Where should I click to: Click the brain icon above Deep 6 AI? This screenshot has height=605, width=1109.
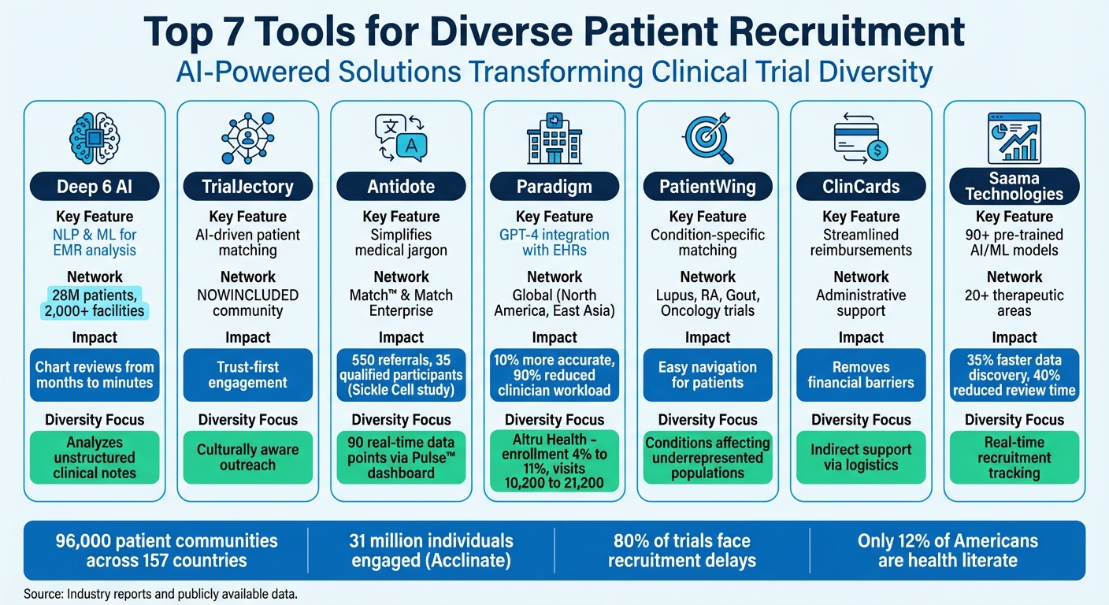pos(95,136)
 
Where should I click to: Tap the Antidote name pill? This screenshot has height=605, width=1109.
pos(401,187)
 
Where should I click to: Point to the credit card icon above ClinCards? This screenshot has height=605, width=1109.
pos(860,137)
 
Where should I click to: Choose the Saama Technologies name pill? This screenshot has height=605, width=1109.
pos(1014,186)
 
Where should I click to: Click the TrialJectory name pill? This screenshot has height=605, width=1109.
pos(247,187)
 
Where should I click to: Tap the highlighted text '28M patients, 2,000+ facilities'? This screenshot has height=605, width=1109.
pos(95,302)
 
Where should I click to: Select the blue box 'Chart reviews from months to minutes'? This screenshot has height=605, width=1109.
pos(95,375)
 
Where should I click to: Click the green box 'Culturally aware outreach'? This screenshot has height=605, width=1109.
pos(247,457)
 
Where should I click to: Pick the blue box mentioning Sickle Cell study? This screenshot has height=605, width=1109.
pos(401,375)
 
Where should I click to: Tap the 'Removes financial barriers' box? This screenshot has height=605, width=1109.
pos(861,375)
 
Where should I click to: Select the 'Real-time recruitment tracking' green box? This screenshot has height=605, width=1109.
pos(1014,457)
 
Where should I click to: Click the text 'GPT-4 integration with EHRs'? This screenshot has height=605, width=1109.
pos(554,243)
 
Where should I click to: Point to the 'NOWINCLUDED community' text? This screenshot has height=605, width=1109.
pos(247,302)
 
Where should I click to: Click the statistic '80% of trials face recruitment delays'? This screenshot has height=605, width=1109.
pos(681,551)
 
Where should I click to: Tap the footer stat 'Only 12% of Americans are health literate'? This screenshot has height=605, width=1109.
pos(948,551)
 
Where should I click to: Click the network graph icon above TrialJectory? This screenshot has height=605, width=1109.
pos(247,136)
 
